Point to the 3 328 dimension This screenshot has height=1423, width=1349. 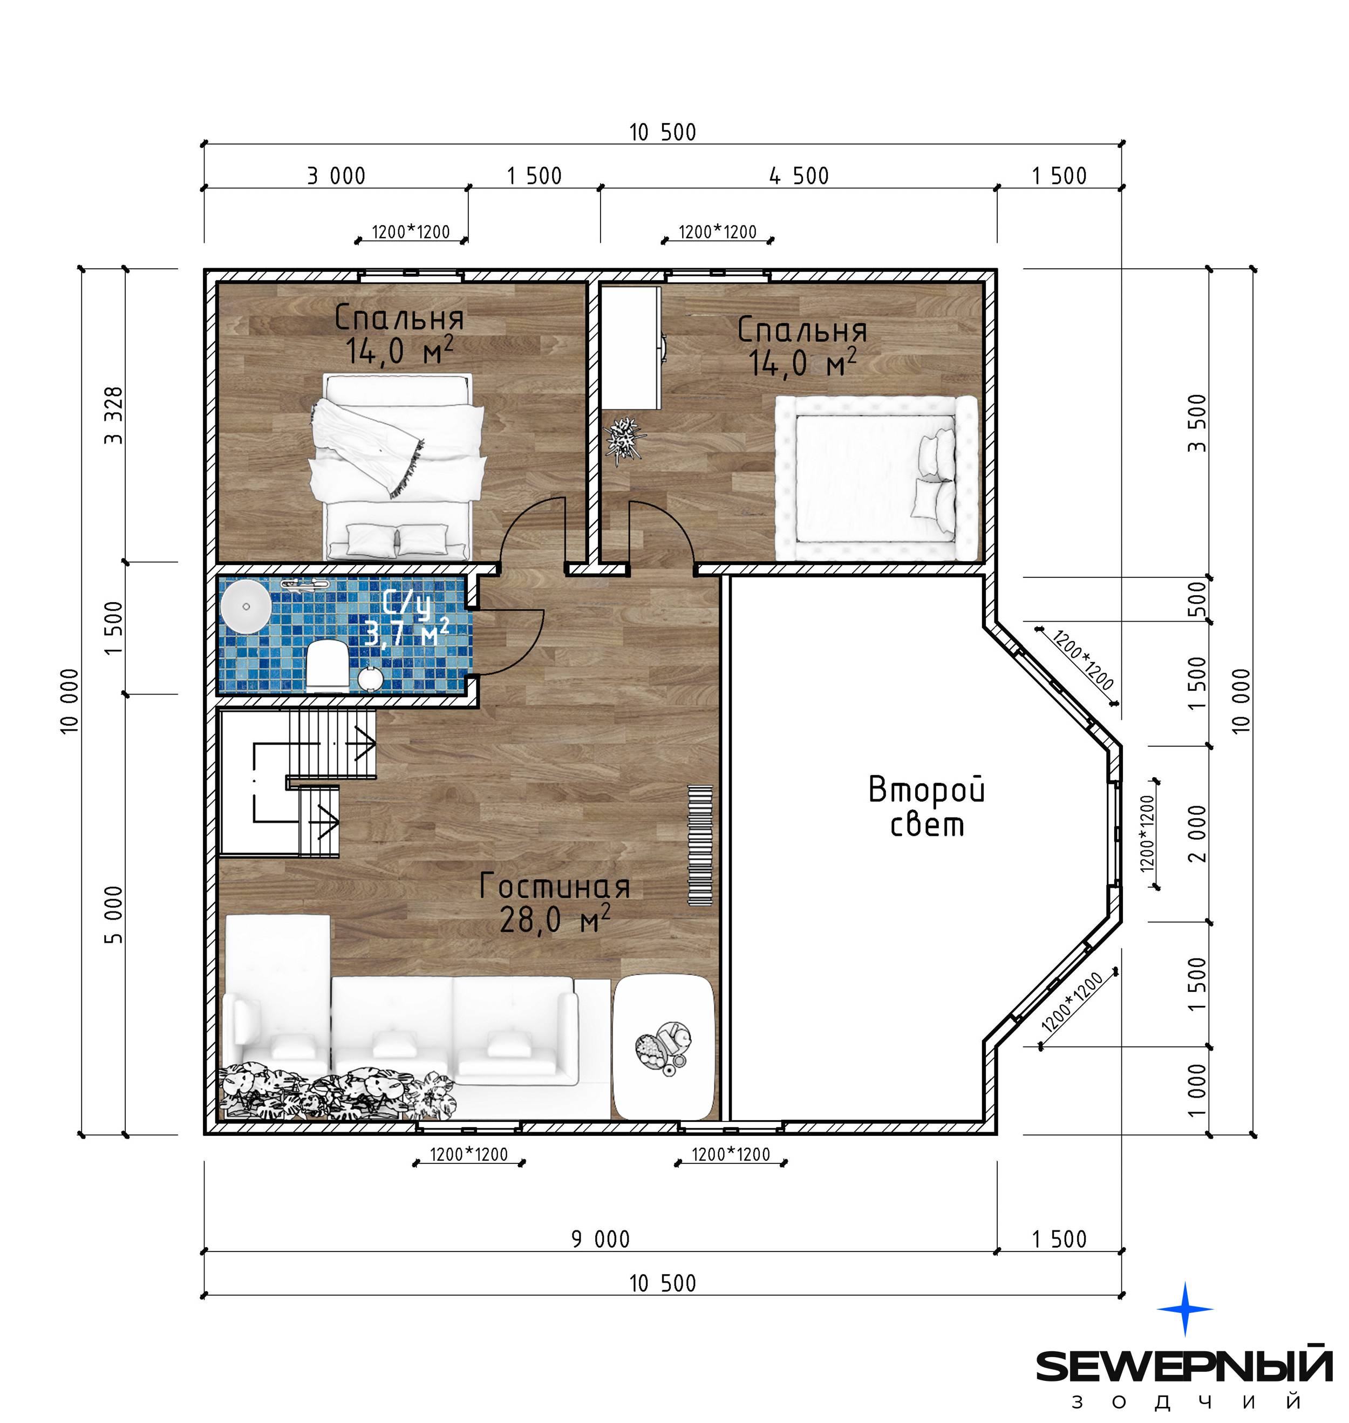[114, 415]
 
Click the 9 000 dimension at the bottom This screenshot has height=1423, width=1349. [601, 1239]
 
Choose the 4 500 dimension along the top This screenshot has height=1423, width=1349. [799, 175]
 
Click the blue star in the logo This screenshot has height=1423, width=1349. [1184, 1309]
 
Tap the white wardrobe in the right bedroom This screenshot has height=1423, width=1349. [631, 348]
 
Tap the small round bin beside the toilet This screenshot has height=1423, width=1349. [370, 678]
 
